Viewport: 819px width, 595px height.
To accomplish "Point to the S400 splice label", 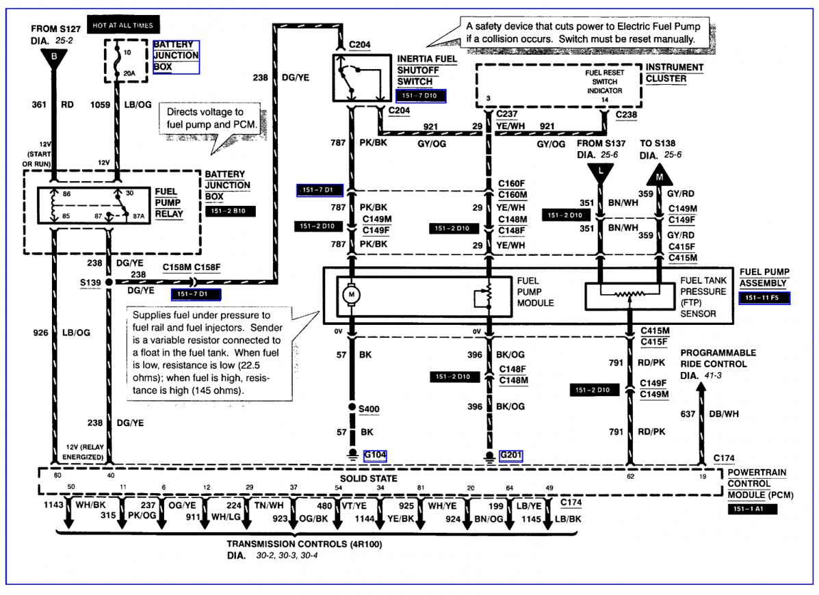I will pos(369,410).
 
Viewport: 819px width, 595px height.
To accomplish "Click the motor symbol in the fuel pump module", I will pos(353,295).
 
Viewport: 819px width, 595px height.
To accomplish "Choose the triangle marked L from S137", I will pos(601,172).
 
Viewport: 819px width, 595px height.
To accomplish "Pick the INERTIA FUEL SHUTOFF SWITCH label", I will pos(427,70).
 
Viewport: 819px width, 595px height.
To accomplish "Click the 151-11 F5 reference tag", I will pos(764,298).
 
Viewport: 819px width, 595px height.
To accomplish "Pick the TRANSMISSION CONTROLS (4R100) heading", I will pos(304,544).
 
